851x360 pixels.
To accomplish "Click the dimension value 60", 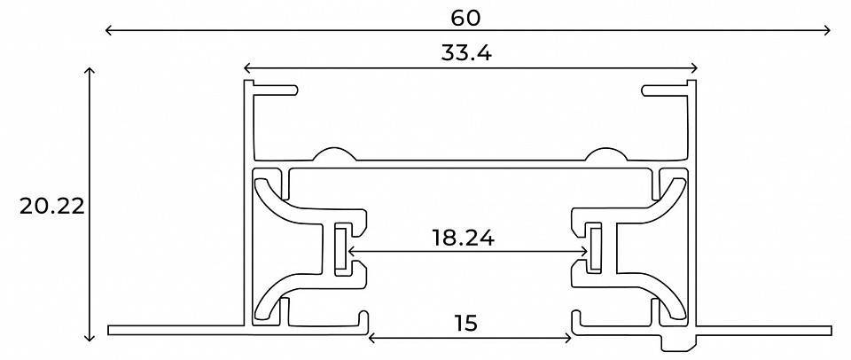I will pos(466,16).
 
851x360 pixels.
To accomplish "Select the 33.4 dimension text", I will pos(466,53).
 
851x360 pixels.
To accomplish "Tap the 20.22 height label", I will pos(52,207).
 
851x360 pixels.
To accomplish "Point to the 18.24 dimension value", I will pos(463,238).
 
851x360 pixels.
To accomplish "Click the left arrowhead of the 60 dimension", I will pos(108,31).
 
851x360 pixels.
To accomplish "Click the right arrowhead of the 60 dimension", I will pos(829,31).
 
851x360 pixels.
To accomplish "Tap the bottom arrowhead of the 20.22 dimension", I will pos(90,338).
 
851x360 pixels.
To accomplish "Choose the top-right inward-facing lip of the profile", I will pos(665,90).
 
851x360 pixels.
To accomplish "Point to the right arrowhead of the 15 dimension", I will pos(570,337).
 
